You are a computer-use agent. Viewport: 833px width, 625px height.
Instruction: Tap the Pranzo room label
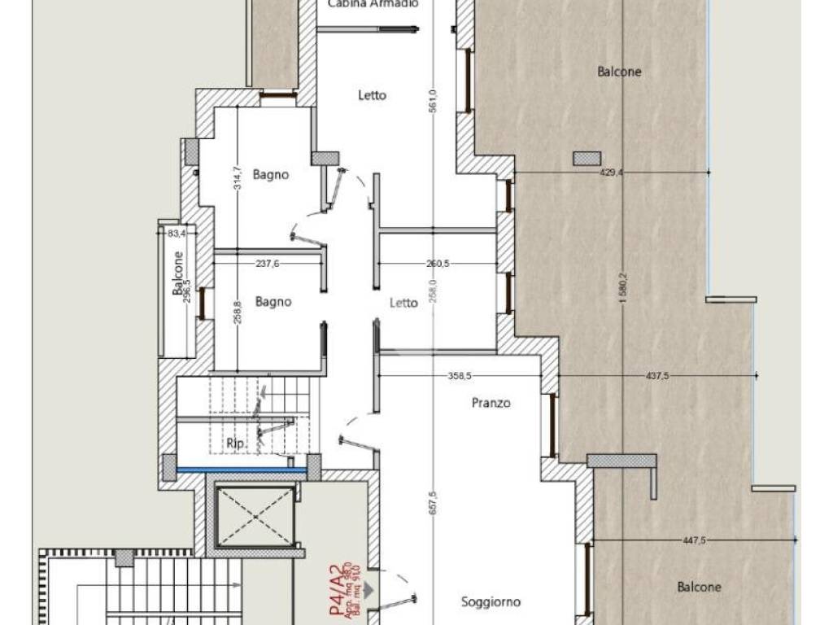coord(491,403)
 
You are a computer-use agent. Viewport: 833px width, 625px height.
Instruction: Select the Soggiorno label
coord(491,602)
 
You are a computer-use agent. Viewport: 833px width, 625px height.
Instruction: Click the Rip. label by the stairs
coord(236,444)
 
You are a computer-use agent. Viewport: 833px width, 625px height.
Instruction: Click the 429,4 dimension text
coord(609,173)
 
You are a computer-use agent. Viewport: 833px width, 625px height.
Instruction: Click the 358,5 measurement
coord(459,375)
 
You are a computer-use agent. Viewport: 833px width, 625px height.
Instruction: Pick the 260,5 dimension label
coord(437,263)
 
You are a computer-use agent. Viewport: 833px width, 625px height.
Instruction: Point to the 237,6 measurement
coord(266,263)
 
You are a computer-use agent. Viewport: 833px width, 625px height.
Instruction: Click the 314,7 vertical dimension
coord(236,178)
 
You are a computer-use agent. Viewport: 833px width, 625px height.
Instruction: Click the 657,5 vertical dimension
coord(433,502)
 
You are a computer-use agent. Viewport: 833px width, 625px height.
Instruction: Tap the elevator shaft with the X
coord(255,516)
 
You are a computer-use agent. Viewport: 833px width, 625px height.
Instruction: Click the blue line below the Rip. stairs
coord(241,470)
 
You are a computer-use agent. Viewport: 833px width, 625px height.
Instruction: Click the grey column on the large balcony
coord(587,158)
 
